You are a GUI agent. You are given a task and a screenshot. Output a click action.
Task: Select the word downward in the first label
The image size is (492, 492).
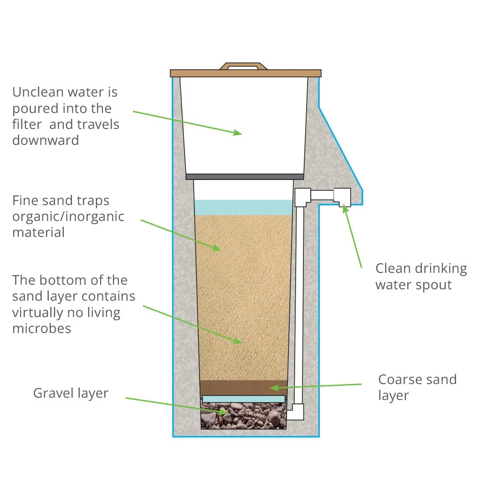coord(46,140)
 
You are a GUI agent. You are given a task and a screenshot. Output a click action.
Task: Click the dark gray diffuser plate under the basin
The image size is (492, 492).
coord(245,176)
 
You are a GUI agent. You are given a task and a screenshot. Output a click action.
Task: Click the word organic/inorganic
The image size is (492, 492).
coord(68,216)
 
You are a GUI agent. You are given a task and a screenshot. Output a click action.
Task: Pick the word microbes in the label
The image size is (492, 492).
coord(41,328)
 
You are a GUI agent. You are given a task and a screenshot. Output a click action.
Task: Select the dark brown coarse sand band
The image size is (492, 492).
coord(244,387)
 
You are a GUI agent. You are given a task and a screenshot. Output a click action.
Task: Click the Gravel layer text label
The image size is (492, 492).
coord(71,393)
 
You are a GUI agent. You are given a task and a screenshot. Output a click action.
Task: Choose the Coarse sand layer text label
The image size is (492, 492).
coord(417,387)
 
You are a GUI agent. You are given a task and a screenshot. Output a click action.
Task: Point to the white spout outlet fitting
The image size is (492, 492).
coord(342,197)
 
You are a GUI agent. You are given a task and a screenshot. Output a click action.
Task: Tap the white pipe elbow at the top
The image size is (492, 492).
coord(302,197)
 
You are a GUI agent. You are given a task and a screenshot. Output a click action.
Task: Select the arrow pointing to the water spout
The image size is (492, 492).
coord(353,237)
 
